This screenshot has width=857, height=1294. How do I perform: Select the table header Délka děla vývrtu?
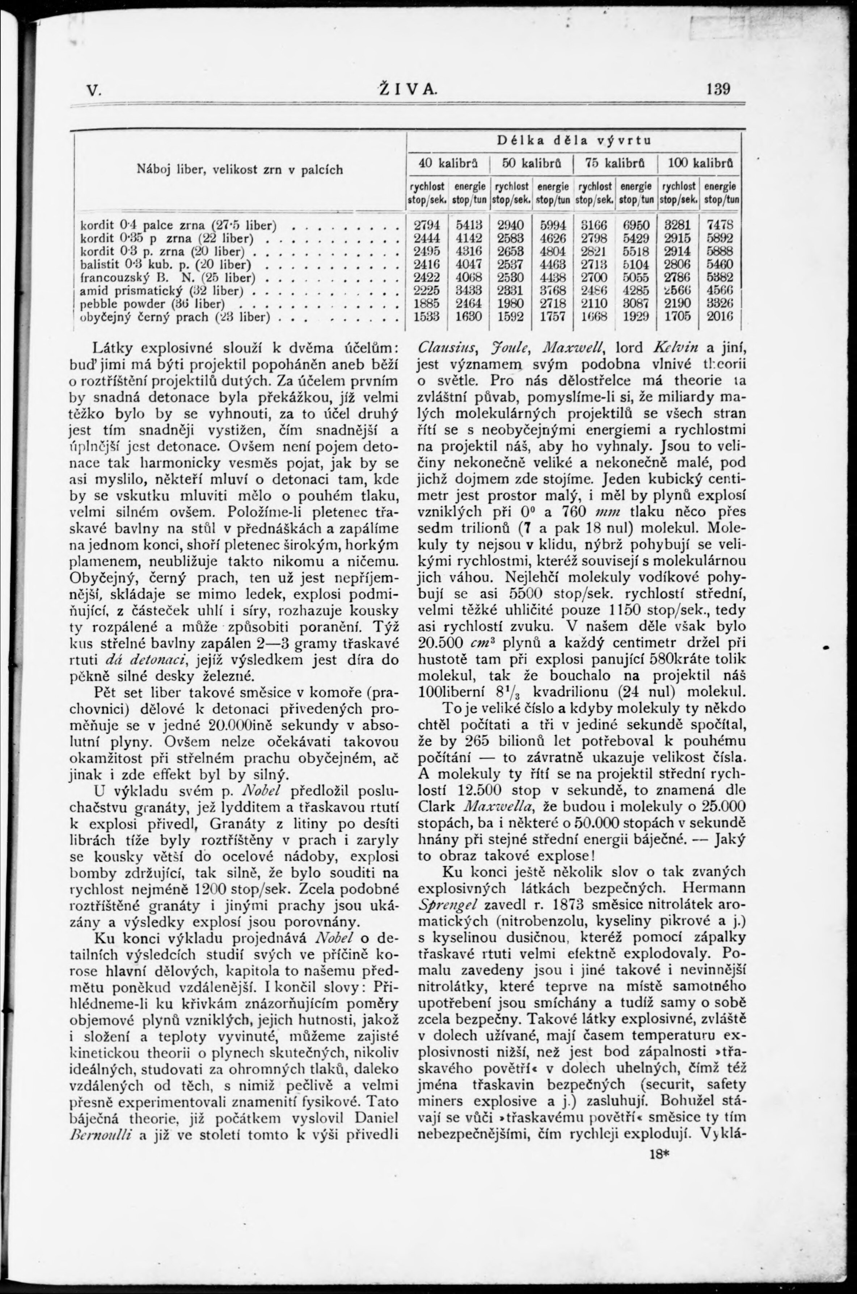(x=574, y=140)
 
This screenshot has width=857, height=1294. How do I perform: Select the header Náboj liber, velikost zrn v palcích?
(x=239, y=169)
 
